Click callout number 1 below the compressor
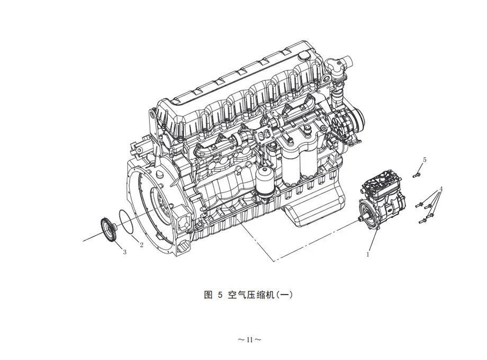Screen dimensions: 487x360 tap(368, 254)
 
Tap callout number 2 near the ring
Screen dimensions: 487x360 tap(142, 245)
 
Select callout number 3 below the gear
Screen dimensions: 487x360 tap(124, 252)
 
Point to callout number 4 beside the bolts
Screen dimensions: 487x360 tap(441, 189)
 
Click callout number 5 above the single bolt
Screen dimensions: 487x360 tap(425, 160)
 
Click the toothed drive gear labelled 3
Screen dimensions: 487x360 tap(109, 230)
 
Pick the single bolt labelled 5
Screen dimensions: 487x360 tap(417, 174)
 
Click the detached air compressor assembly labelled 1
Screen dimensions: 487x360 tap(382, 203)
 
